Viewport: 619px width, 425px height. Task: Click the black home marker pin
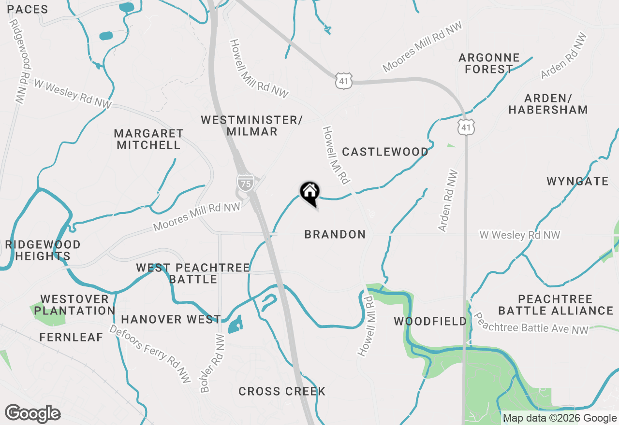pyautogui.click(x=309, y=193)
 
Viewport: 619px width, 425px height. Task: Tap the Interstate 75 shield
pyautogui.click(x=245, y=182)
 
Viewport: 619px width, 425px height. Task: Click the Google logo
pyautogui.click(x=33, y=413)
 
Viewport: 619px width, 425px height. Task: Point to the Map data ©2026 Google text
pyautogui.click(x=560, y=418)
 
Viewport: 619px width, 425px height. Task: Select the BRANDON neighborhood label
pyautogui.click(x=335, y=234)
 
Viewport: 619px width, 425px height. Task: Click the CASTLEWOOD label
pyautogui.click(x=385, y=152)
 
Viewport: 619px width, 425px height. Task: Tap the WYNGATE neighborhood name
pyautogui.click(x=577, y=181)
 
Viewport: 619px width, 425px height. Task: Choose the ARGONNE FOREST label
pyautogui.click(x=489, y=63)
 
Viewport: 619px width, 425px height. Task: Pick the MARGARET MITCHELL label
pyautogui.click(x=149, y=139)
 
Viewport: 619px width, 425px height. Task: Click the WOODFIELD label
pyautogui.click(x=430, y=321)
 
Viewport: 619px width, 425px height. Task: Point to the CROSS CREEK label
pyautogui.click(x=282, y=391)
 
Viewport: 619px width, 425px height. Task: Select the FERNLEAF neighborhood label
pyautogui.click(x=72, y=337)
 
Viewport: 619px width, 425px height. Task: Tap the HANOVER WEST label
pyautogui.click(x=171, y=319)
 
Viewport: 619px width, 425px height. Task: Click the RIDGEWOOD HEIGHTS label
pyautogui.click(x=43, y=250)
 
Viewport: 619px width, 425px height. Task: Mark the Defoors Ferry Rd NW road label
pyautogui.click(x=150, y=351)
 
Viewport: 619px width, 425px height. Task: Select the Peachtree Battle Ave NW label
pyautogui.click(x=531, y=324)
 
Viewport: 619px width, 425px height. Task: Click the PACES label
pyautogui.click(x=28, y=9)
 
